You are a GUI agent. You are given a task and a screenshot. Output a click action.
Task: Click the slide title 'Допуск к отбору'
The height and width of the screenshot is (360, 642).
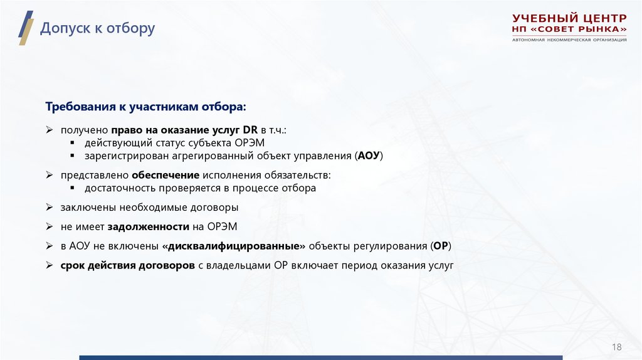pyautogui.click(x=97, y=29)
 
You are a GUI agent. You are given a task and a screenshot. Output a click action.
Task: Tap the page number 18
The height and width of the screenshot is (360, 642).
pyautogui.click(x=616, y=347)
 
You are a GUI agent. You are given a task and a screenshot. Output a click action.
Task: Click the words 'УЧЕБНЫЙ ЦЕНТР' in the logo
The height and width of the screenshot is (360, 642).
pyautogui.click(x=569, y=18)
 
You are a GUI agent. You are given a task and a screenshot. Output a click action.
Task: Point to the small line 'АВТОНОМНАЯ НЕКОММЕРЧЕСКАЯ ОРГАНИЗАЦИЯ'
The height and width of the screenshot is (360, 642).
pyautogui.click(x=569, y=40)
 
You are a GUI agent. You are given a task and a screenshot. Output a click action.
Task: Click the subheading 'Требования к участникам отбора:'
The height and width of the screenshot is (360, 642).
pyautogui.click(x=146, y=107)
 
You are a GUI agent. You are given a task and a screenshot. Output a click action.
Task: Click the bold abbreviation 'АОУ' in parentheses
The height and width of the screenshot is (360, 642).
pyautogui.click(x=368, y=155)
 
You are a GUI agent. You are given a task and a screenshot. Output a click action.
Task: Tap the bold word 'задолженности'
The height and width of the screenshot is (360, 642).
pyautogui.click(x=149, y=226)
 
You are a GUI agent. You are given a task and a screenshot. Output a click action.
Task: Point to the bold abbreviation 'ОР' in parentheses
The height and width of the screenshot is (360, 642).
pyautogui.click(x=441, y=246)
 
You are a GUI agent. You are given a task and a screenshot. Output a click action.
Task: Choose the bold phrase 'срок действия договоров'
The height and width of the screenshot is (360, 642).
pyautogui.click(x=128, y=265)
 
